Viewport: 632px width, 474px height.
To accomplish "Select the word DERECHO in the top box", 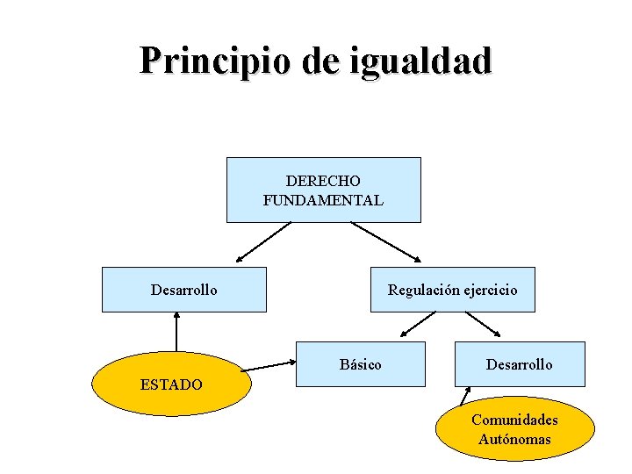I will pos(323,181).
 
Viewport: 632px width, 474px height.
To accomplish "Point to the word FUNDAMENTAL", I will pos(323,200).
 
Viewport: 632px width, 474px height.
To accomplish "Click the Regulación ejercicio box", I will pos(452,290).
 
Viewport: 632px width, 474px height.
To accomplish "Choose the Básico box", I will pos(360,364).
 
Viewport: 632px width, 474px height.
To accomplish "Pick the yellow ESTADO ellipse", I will pos(172,384).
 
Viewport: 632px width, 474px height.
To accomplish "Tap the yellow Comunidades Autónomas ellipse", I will pos(514,429).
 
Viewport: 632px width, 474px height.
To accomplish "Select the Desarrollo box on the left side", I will pos(183,290).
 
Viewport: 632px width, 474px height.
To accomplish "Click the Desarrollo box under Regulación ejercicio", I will pos(520,364).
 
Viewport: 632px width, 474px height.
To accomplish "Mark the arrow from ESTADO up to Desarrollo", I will pos(176,333).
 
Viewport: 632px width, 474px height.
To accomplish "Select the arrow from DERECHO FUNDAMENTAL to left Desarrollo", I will pos(262,243).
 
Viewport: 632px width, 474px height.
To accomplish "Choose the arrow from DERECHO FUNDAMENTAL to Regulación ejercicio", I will pos(386,243).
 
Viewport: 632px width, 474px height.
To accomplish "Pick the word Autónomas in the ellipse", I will pos(514,439).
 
